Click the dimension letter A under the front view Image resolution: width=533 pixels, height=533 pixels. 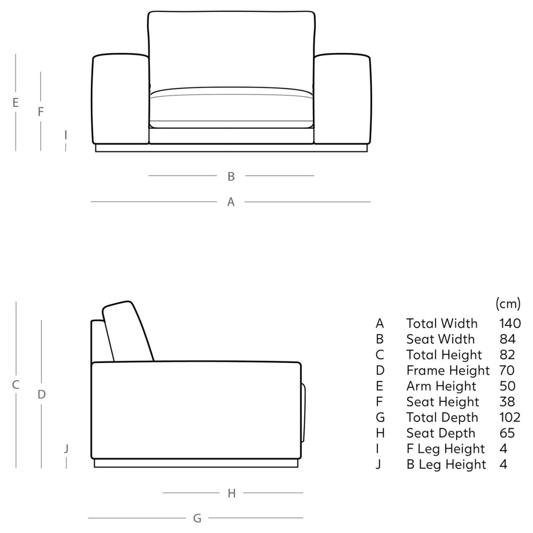(231, 202)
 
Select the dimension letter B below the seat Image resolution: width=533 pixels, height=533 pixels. (231, 176)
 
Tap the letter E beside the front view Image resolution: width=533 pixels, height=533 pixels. (16, 103)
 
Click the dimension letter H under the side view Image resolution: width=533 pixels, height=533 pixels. (231, 493)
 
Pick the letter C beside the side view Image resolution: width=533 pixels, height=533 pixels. (16, 385)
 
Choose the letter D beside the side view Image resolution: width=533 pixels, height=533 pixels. (41, 394)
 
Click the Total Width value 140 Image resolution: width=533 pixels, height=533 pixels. (510, 323)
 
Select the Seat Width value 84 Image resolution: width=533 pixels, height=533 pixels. (507, 339)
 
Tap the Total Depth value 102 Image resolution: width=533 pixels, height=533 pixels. (510, 417)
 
